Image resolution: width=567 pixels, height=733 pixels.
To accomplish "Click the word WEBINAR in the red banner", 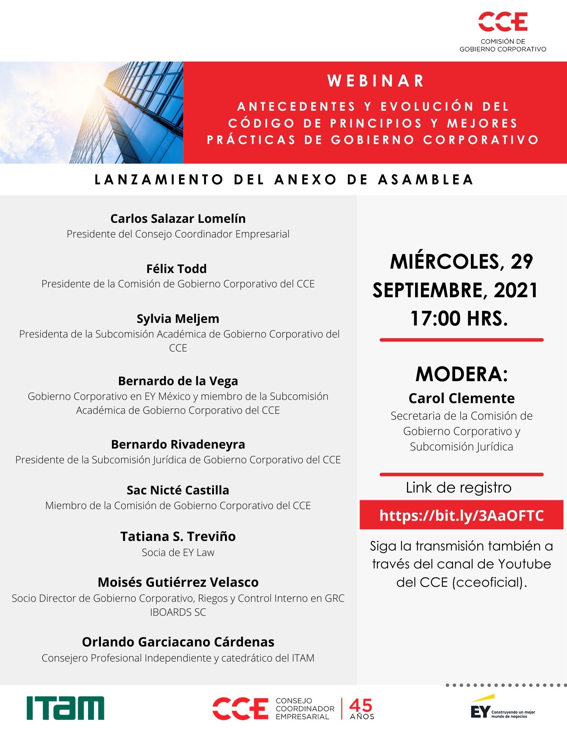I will (x=375, y=81).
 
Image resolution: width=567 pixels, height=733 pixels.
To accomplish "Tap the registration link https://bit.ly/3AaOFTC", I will (x=461, y=515).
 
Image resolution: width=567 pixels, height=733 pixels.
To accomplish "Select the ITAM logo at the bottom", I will (x=65, y=708).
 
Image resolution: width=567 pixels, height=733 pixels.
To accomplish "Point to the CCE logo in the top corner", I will (x=503, y=22).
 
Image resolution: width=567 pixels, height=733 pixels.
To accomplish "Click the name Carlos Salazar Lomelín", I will (x=178, y=218).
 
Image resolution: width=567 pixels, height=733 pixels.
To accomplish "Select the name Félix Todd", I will (x=177, y=269).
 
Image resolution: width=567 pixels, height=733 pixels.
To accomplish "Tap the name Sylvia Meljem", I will (x=178, y=318).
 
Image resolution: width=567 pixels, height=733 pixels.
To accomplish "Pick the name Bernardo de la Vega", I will (x=178, y=381).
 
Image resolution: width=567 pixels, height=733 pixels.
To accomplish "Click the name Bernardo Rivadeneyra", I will (x=178, y=444).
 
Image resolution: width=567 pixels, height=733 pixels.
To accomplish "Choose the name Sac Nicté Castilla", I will (x=178, y=490).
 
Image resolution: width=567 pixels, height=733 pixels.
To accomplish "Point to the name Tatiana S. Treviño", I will (x=178, y=536).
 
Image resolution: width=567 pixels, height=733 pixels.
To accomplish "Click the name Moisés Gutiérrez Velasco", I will (x=178, y=582).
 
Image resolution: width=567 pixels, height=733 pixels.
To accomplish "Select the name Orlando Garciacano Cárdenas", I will (x=178, y=642).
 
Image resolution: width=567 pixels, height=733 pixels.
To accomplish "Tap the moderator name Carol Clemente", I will (x=461, y=398).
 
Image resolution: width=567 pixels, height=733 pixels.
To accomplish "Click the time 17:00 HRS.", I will (x=459, y=318).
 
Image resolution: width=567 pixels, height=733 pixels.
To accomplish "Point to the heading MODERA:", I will (x=461, y=374).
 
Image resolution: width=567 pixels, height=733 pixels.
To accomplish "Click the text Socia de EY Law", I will (x=178, y=552).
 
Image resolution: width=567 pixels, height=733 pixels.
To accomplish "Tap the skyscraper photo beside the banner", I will (x=92, y=113).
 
